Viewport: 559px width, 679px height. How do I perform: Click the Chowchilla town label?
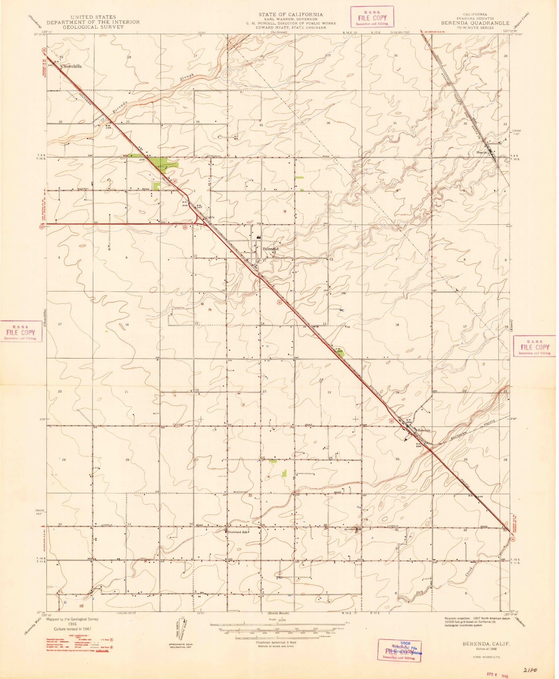click(71, 66)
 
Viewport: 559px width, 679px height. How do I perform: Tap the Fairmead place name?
click(271, 249)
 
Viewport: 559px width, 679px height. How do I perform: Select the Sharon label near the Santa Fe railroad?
click(482, 152)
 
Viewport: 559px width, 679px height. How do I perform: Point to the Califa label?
click(211, 217)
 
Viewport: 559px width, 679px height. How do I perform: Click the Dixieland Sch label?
click(238, 532)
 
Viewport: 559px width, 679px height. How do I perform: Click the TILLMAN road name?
click(179, 425)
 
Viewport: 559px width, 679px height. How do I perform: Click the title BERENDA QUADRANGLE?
click(475, 23)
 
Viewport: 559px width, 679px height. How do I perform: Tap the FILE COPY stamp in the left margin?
click(21, 332)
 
